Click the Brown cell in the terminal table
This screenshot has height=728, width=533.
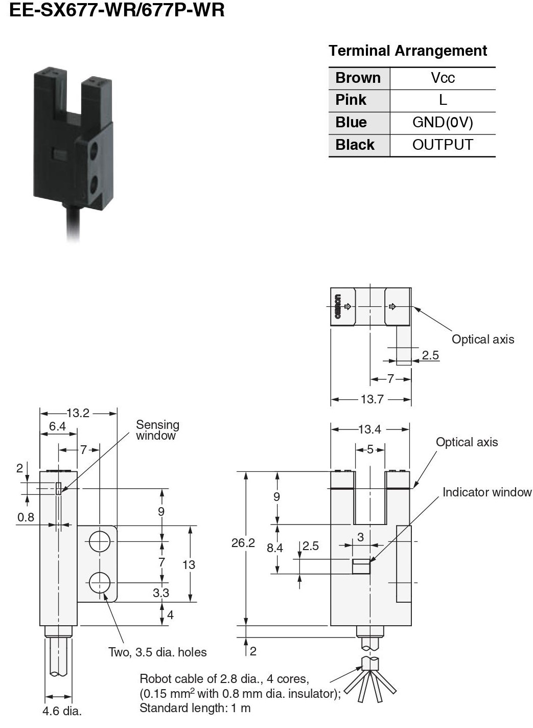tap(358, 78)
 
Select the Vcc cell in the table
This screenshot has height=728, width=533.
tap(443, 78)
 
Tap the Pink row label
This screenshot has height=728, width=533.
tap(351, 100)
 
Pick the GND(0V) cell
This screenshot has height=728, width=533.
tap(443, 123)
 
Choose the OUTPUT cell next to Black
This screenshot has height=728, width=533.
tap(443, 145)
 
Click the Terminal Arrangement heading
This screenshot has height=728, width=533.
tap(408, 51)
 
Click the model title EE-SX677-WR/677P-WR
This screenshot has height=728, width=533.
tap(117, 10)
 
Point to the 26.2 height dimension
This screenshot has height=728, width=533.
tap(243, 543)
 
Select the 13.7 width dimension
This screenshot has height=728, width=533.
tap(372, 399)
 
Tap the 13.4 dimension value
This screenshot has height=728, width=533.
tap(369, 429)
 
